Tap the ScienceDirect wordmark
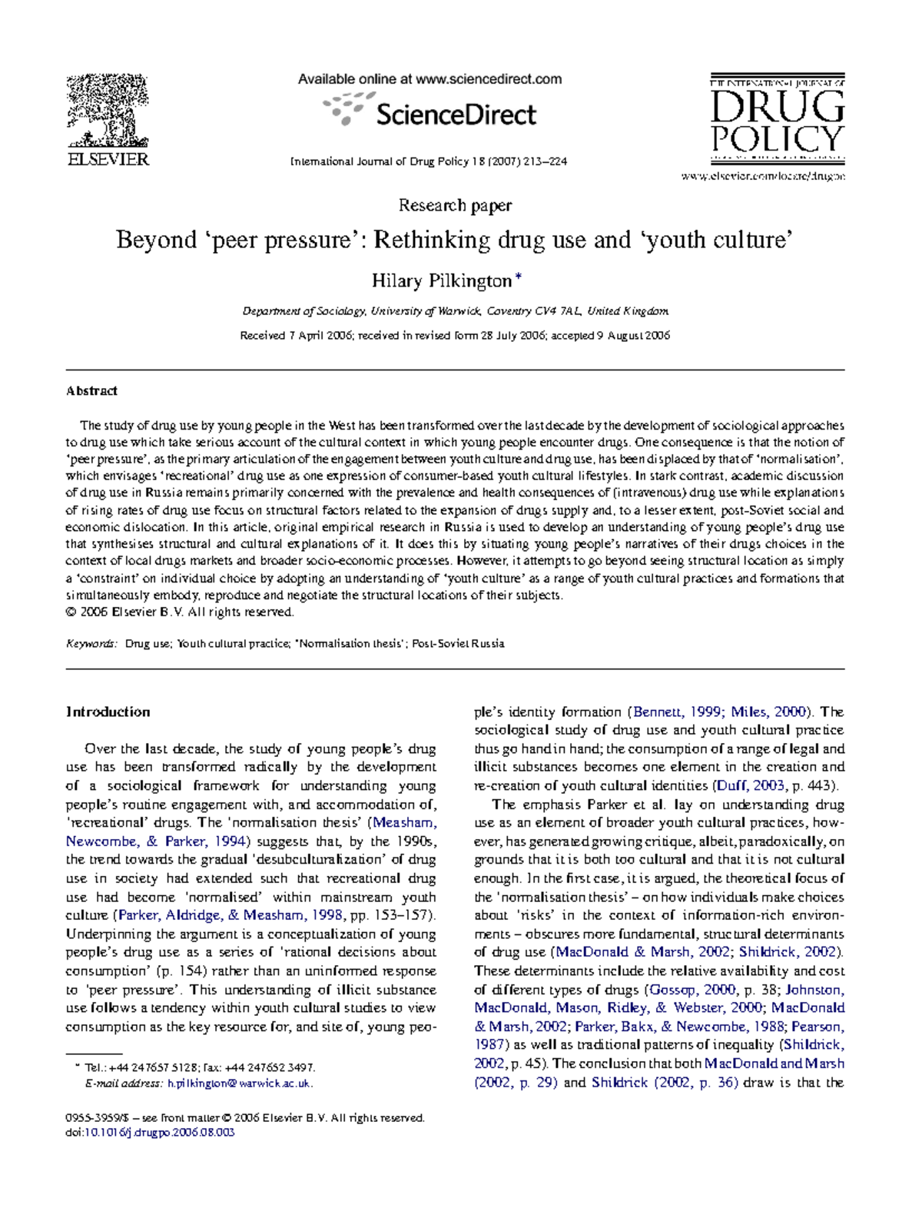coord(455,115)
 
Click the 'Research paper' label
coord(455,205)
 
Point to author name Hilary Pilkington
coord(442,280)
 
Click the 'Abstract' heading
coord(91,390)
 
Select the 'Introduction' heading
coord(108,712)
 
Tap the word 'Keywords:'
coord(91,644)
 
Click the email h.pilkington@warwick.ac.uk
coord(239,1083)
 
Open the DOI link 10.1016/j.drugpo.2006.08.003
coord(159,1132)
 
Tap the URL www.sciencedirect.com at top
coord(488,79)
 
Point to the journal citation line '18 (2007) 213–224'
coord(517,162)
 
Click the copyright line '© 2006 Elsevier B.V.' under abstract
coord(180,612)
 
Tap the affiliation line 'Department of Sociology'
coord(306,311)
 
